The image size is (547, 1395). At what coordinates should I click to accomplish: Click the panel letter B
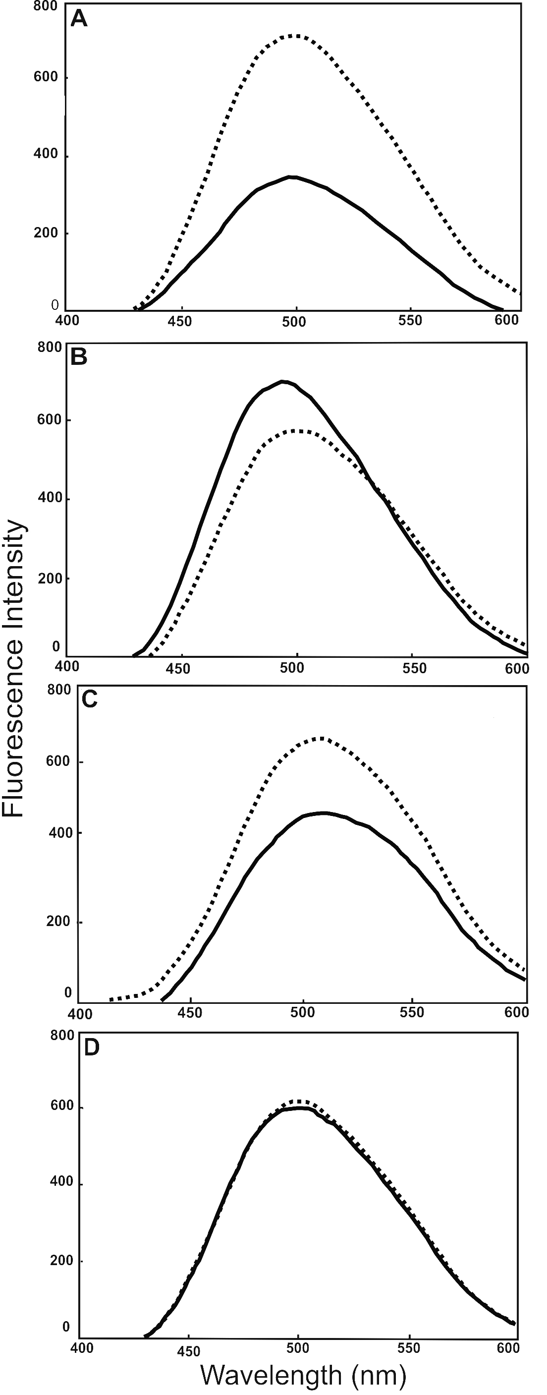click(x=79, y=357)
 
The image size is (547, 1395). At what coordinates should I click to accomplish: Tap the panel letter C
click(x=89, y=699)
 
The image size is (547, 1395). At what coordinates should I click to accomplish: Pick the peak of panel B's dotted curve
click(x=298, y=430)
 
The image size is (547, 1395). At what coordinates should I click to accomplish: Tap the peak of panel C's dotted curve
click(x=322, y=738)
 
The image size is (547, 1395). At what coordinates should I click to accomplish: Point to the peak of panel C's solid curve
click(x=324, y=813)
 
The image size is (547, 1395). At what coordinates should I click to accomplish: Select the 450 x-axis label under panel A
click(x=180, y=322)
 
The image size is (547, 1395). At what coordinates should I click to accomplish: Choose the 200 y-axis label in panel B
click(x=50, y=579)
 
